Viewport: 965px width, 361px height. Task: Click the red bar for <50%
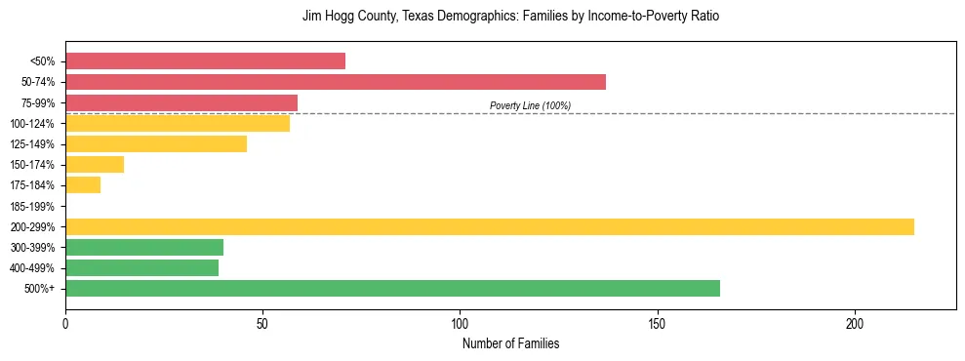[205, 61]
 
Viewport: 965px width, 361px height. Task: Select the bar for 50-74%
[335, 82]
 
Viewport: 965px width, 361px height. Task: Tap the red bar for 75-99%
[181, 102]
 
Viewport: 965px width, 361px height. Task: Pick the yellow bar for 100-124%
[177, 123]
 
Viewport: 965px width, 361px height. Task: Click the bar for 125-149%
[155, 143]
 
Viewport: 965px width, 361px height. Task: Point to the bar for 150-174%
[95, 165]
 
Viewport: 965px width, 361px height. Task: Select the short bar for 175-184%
[83, 185]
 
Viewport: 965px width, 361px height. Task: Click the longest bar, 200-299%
[489, 226]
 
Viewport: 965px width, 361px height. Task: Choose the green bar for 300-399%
[144, 247]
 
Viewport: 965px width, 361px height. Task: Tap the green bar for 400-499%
[141, 267]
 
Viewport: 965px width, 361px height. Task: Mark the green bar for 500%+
[392, 288]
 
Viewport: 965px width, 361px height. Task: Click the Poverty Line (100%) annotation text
[530, 105]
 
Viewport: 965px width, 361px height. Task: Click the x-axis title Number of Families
[510, 344]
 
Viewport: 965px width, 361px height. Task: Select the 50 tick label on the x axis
[262, 323]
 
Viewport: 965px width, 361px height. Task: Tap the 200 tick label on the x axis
[854, 323]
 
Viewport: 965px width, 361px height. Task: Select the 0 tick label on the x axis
[65, 323]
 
